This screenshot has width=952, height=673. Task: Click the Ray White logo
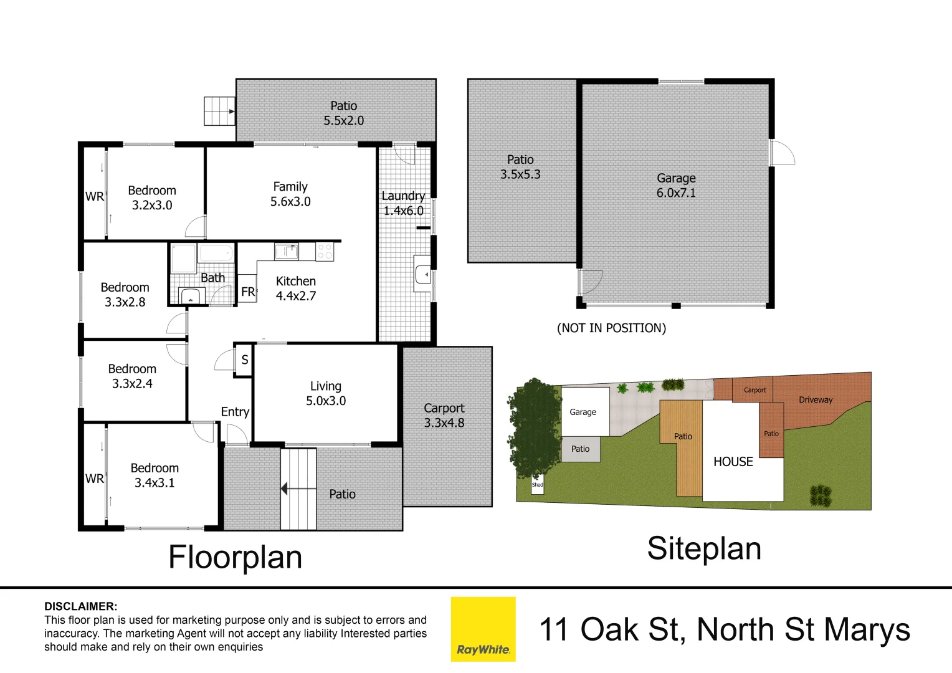coord(483,629)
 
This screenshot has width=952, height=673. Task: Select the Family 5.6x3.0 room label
coord(290,194)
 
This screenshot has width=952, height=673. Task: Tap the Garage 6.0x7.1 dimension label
coord(676,186)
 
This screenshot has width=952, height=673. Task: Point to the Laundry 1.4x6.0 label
coord(403,203)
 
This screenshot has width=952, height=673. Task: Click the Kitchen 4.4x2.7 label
coord(296,289)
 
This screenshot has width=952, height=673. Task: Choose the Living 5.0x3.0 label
coord(326,393)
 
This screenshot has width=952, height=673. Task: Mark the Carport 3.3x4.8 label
coord(444,415)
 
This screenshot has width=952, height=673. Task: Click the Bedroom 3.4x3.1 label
coord(155,475)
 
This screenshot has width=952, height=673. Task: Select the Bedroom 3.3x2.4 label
coord(132,376)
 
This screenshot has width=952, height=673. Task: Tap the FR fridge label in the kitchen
coord(248,291)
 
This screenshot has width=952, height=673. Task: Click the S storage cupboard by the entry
coord(244,360)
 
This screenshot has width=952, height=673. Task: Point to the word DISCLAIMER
coord(80,606)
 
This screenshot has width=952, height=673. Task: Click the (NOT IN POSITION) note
coord(611,328)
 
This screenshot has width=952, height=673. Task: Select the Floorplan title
coord(235,557)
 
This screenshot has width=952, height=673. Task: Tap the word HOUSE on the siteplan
coord(733,462)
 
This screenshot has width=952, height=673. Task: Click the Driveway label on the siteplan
coord(816,400)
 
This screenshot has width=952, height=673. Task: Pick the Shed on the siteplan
coord(537,485)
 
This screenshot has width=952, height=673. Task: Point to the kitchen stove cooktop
coord(325,251)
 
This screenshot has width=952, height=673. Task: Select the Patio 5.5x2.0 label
coord(343,113)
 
